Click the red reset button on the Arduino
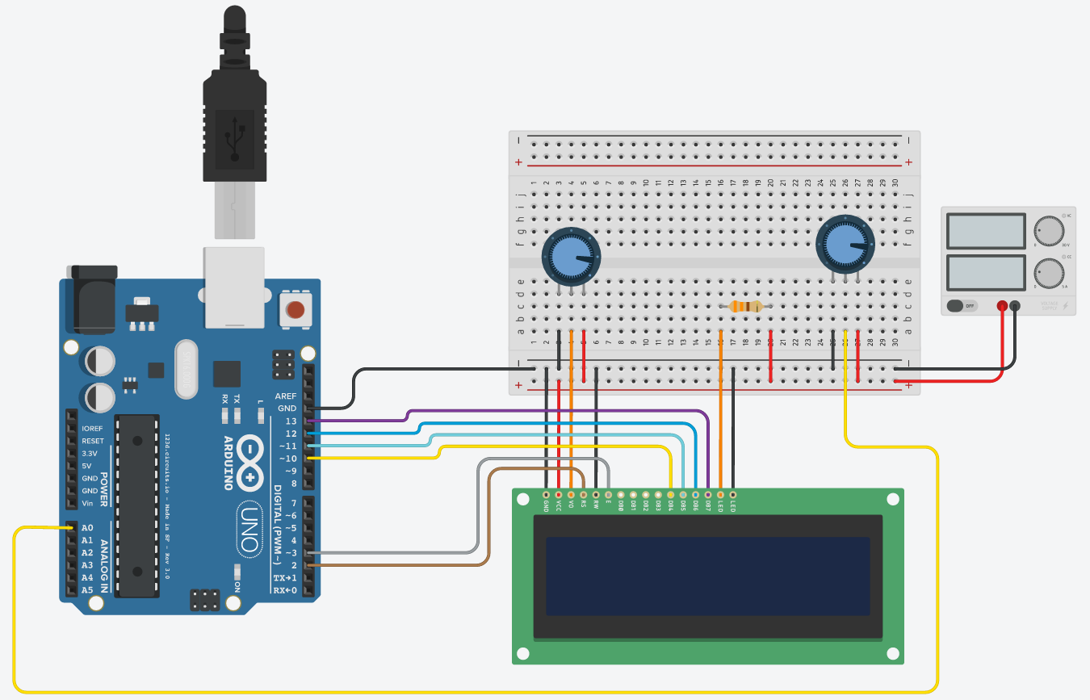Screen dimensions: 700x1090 [296, 309]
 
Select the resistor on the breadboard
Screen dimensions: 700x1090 [745, 307]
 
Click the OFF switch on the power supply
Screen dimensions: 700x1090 [962, 306]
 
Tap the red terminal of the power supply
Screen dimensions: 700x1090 [1002, 306]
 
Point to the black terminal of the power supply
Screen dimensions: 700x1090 [1015, 306]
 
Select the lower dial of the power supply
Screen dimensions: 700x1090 [1049, 274]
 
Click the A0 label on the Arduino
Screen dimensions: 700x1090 [87, 528]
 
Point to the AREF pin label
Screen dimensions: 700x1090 [286, 396]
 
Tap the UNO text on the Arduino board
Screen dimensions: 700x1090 [249, 528]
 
